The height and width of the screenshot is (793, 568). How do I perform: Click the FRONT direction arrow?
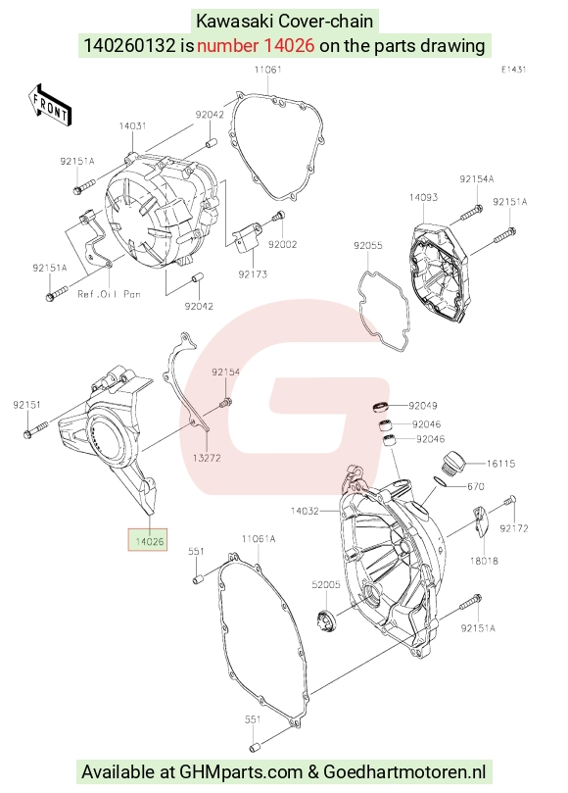(x=50, y=106)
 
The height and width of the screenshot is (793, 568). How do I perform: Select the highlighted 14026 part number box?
(x=148, y=540)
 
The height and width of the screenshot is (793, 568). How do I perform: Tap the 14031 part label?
(x=132, y=125)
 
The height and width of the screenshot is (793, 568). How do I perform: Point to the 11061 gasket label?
(x=267, y=70)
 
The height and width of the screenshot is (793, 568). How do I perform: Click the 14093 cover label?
(x=423, y=198)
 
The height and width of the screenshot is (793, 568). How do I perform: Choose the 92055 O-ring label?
(x=368, y=246)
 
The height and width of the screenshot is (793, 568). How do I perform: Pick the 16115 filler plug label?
(x=500, y=464)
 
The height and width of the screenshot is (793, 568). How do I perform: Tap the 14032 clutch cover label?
(x=305, y=511)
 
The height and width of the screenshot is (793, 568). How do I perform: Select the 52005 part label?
(x=326, y=584)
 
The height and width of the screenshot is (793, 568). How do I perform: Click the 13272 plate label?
(x=207, y=458)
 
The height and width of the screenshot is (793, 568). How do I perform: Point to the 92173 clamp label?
(x=253, y=274)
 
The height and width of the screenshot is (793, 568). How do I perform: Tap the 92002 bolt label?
(x=282, y=244)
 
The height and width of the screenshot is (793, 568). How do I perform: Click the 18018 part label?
(x=484, y=561)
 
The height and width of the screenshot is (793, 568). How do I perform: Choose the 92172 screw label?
(x=514, y=528)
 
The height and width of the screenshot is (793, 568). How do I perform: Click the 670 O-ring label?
(x=476, y=486)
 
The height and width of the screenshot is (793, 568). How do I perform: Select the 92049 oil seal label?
(x=423, y=406)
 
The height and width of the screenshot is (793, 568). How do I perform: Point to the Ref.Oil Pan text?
(x=109, y=294)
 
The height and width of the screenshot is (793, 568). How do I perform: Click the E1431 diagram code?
(x=513, y=70)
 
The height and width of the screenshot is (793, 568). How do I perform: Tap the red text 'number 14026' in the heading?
(x=256, y=45)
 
